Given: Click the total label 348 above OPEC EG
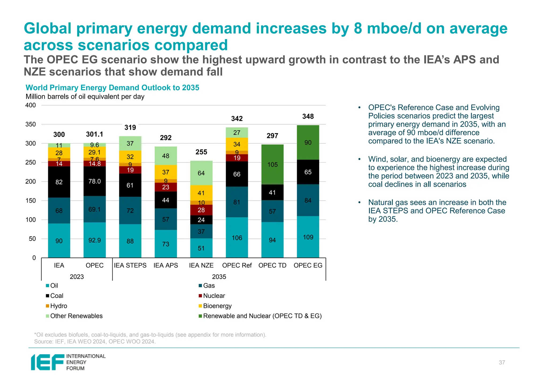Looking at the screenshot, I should point(308,116).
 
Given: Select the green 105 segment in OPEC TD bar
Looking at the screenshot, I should point(272,165).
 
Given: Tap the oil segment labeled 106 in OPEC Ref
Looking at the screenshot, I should point(237,238).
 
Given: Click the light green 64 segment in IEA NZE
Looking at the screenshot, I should point(201,173).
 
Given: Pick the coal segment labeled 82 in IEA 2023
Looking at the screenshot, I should point(59,182).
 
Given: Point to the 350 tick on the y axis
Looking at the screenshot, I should point(31,124).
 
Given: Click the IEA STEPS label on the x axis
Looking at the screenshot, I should point(130,265).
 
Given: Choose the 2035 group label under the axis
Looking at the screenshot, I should point(219,277).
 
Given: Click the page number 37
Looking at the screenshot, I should point(502,363).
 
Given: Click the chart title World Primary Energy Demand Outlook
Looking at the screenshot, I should point(112,88).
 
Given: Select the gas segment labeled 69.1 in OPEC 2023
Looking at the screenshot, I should point(94,209).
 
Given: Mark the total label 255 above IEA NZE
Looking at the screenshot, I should point(201,152).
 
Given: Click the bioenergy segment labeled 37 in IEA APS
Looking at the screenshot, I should point(166,172).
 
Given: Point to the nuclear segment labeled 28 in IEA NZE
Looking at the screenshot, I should point(201,210).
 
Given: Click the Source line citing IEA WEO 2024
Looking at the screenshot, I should point(95,341).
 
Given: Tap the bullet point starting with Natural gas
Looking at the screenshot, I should point(437,211).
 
